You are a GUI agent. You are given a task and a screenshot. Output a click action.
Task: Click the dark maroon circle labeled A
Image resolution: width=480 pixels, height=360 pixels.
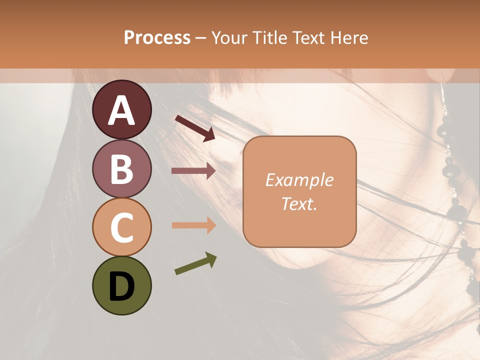click(122, 109)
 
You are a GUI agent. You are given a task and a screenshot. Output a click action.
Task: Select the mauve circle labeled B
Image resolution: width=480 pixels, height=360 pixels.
click(122, 168)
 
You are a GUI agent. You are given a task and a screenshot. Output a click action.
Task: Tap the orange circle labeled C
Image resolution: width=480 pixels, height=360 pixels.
click(122, 227)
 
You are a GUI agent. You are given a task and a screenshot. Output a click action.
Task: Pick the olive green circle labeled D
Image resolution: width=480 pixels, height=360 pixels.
click(122, 285)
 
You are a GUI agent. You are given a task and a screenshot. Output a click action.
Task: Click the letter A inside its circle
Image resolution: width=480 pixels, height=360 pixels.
click(122, 110)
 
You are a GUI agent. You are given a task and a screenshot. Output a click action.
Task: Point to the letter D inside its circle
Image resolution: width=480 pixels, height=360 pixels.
click(122, 287)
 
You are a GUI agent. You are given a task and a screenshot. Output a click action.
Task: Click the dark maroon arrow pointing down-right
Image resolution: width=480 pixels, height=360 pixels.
click(195, 127)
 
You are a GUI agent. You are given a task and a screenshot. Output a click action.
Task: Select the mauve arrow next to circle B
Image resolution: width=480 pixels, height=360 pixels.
click(193, 171)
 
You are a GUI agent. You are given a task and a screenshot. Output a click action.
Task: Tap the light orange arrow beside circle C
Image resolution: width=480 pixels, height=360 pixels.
click(193, 225)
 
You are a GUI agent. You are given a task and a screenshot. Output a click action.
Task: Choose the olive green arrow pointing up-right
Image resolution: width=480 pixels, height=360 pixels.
click(195, 263)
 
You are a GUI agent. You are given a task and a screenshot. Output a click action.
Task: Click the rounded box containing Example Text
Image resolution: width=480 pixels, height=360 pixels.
click(299, 191)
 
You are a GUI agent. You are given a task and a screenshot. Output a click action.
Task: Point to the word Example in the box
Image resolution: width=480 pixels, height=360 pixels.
click(299, 180)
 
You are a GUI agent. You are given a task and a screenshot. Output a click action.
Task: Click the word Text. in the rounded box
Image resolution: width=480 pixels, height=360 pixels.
click(299, 203)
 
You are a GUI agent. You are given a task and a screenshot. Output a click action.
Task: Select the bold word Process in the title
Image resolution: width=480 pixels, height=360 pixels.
click(157, 37)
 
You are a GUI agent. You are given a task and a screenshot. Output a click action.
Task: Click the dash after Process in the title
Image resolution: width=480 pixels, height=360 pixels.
click(201, 38)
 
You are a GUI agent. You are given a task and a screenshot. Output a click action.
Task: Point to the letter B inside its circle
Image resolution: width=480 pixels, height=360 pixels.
click(122, 169)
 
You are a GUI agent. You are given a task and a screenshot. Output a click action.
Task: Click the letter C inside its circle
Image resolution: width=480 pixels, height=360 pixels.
click(122, 228)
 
